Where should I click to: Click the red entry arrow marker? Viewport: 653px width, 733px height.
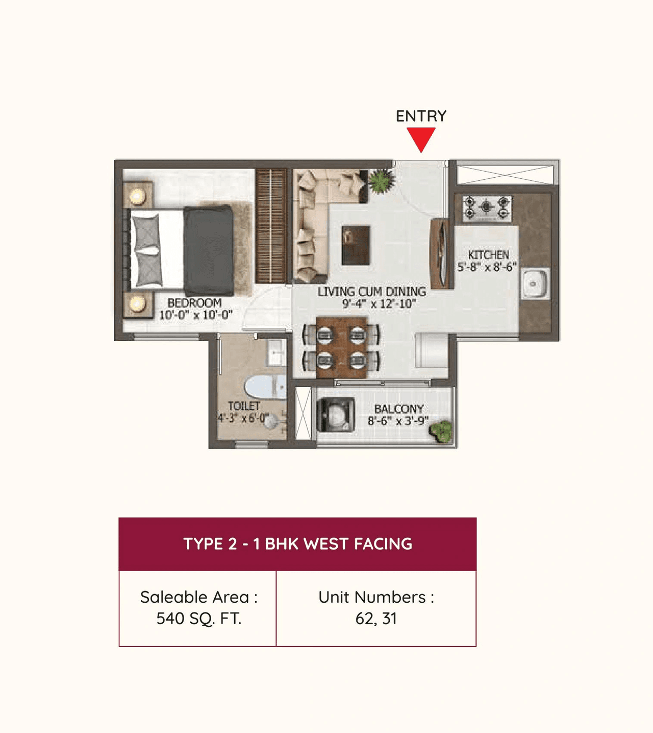421,138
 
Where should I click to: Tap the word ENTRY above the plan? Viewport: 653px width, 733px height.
421,116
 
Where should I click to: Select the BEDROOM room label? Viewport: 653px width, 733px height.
194,303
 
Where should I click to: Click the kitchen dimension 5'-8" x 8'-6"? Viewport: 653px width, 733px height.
487,267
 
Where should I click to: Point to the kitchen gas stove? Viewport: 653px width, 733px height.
487,208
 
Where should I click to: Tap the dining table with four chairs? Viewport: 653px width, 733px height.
341,347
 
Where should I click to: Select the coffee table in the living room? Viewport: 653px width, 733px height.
355,245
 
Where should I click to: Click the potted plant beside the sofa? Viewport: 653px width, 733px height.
381,181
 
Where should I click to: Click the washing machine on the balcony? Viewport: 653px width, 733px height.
335,414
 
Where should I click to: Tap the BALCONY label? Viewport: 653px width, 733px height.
398,409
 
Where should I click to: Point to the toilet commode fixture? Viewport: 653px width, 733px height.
265,388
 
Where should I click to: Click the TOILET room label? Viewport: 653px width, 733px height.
244,406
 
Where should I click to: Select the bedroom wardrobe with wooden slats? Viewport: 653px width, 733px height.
271,226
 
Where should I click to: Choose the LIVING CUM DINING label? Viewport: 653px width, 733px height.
371,292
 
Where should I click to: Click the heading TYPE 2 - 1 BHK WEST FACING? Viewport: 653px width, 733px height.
297,544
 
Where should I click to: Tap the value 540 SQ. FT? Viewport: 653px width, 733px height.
198,619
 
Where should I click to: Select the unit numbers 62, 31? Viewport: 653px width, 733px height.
376,619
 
